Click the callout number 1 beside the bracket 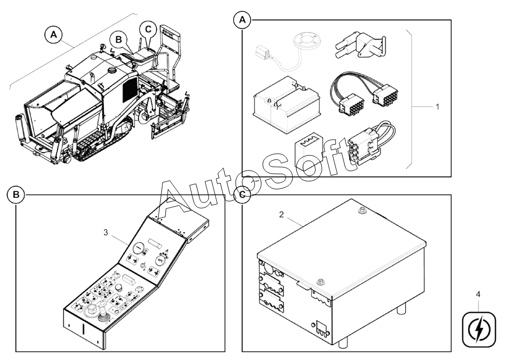click(x=437, y=106)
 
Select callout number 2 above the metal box click(x=281, y=214)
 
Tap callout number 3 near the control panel click(x=106, y=232)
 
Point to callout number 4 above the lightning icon click(x=478, y=294)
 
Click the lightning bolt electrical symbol click(x=479, y=329)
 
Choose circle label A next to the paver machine click(x=54, y=35)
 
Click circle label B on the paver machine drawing click(x=119, y=39)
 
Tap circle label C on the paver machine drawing click(x=148, y=29)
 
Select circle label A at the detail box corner click(x=242, y=20)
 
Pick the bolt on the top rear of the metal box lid click(x=361, y=211)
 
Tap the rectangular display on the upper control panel click(x=155, y=242)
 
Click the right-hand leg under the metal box click(x=402, y=308)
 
